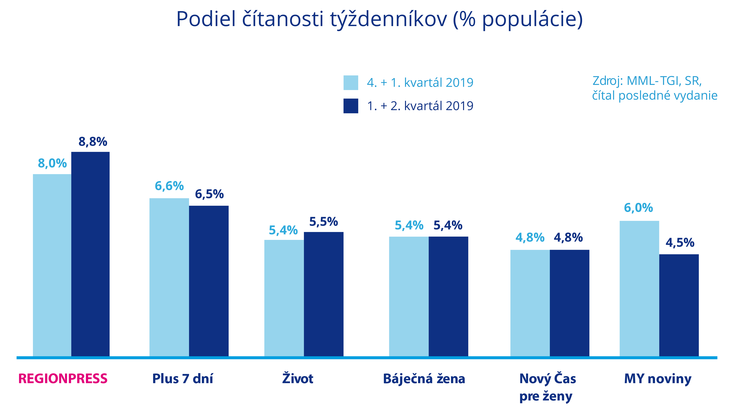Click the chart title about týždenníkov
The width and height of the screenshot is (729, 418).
pos(380,19)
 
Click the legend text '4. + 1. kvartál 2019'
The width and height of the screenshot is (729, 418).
pos(420,83)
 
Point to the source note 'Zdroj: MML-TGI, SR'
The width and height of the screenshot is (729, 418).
pos(647,81)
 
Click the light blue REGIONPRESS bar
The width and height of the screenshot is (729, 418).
pos(52,265)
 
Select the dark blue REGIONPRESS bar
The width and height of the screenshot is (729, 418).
pos(90,254)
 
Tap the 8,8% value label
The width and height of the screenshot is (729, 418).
pos(93,142)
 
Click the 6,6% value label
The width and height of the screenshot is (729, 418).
pos(169,186)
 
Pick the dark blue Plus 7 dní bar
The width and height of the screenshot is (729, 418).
pos(209,281)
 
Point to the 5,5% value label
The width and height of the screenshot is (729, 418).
pos(323,222)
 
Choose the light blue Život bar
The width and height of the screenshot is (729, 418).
pos(284,298)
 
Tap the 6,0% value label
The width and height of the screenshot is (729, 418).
pos(639,208)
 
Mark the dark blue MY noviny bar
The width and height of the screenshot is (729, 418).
pos(679,305)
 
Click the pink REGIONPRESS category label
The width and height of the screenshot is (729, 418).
pos(63,379)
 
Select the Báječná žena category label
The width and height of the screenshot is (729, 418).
pos(424,379)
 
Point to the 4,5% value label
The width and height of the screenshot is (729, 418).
pos(680,243)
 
